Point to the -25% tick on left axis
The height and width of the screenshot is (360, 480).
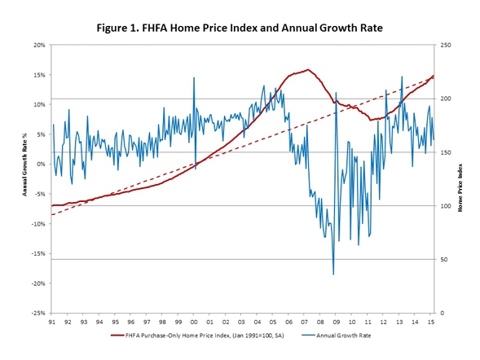click(37, 313)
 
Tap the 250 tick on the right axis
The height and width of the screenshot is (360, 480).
click(447, 45)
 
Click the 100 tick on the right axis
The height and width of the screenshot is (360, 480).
click(447, 206)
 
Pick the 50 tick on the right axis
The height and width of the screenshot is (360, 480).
click(445, 259)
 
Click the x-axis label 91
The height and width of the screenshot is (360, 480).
click(51, 322)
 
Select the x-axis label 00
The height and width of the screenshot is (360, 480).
click(193, 322)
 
